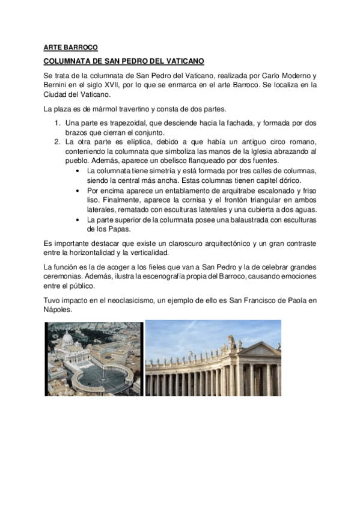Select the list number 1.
pyautogui.click(x=57, y=123)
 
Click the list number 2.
pyautogui.click(x=57, y=142)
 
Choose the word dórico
pyautogui.click(x=287, y=180)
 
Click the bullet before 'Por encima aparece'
pyautogui.click(x=80, y=190)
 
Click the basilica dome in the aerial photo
pyautogui.click(x=68, y=339)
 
